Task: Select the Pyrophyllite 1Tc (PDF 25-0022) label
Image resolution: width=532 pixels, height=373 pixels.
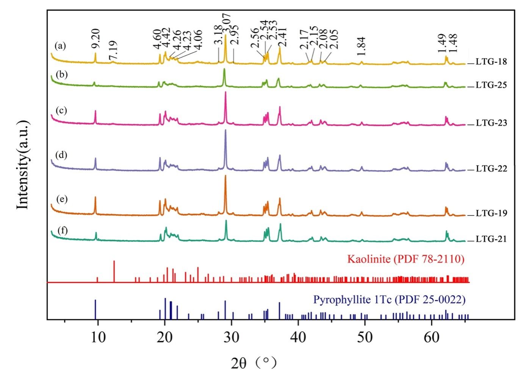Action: click(x=389, y=300)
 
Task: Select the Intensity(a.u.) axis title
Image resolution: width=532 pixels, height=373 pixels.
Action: click(x=23, y=164)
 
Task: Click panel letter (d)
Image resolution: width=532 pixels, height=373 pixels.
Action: click(x=61, y=155)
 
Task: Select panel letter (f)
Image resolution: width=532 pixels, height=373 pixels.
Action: click(x=63, y=230)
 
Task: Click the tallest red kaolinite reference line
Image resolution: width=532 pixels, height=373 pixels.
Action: click(x=114, y=271)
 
